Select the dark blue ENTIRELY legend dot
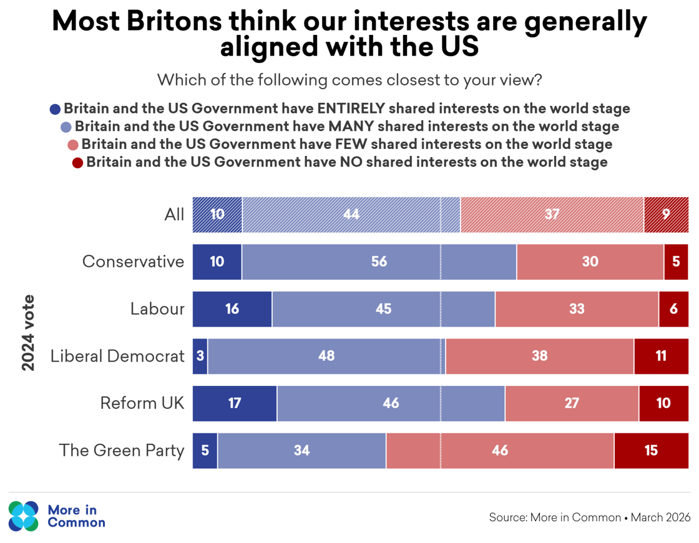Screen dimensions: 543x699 [55, 109]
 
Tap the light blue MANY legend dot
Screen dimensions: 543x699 [66, 127]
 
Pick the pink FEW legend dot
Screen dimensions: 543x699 [73, 145]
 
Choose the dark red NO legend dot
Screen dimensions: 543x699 [77, 163]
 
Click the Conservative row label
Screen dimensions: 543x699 [133, 262]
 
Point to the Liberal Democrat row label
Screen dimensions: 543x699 [117, 356]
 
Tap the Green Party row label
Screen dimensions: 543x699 [122, 451]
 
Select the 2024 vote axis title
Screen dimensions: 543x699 [28, 332]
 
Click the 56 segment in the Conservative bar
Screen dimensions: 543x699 [379, 262]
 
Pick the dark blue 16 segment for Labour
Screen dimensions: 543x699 [232, 309]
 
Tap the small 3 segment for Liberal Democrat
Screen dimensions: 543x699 [200, 357]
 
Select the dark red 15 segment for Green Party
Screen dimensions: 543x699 [651, 451]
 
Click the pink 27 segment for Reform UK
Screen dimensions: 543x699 [572, 403]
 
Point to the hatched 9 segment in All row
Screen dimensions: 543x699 [666, 214]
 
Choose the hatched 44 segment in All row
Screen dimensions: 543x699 [351, 214]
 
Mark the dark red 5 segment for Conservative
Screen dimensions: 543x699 [676, 262]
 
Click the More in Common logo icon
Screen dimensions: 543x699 [24, 516]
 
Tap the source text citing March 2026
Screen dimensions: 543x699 [589, 517]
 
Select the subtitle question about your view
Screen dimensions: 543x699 [349, 80]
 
